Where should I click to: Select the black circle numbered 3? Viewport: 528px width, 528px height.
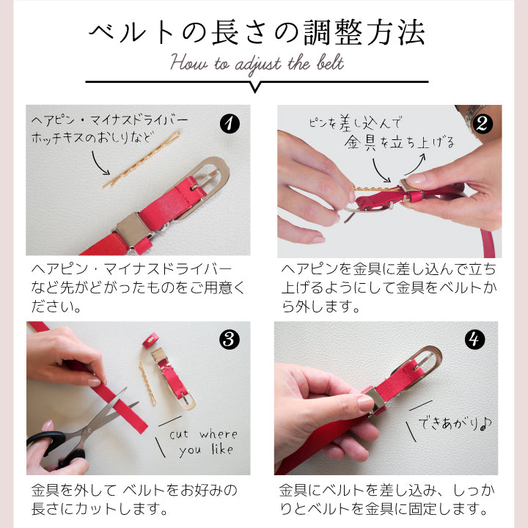[230, 340]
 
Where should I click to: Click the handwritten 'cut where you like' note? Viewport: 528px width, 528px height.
[202, 442]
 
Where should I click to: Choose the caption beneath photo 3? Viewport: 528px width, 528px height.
[137, 499]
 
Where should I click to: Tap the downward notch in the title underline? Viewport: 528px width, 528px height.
[256, 87]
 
